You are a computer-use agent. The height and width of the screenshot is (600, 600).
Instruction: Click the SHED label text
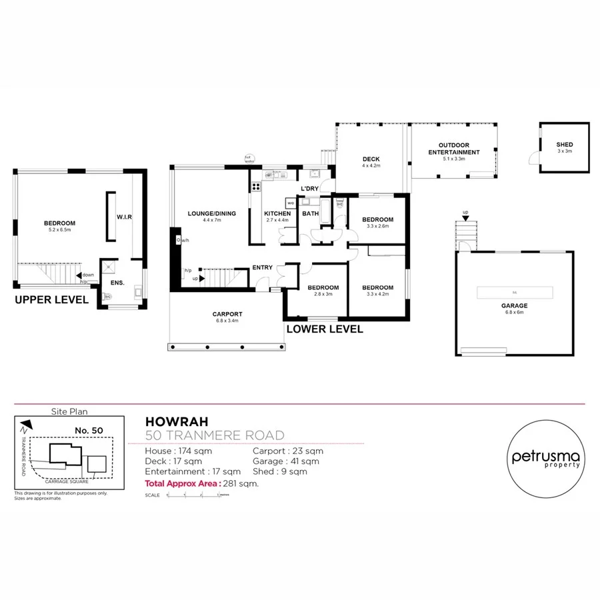[564, 145]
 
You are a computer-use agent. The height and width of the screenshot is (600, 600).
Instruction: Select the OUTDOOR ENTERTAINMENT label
[453, 149]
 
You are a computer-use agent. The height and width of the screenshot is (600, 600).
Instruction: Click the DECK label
[371, 159]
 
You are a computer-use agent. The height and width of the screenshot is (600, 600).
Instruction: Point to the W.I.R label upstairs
[123, 217]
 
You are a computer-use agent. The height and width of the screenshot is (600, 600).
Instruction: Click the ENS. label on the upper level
[109, 283]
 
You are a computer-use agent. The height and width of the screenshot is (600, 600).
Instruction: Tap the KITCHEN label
[278, 213]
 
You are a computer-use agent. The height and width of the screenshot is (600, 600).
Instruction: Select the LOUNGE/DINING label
[211, 213]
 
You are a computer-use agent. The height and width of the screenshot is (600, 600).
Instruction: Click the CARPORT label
[227, 314]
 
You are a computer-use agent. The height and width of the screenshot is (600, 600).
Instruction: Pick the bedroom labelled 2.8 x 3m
[323, 288]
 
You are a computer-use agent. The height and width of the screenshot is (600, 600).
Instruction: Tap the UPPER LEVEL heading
[51, 301]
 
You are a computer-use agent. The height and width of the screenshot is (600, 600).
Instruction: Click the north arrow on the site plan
[25, 424]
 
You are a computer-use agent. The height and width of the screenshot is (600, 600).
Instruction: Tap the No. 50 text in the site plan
[89, 431]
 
